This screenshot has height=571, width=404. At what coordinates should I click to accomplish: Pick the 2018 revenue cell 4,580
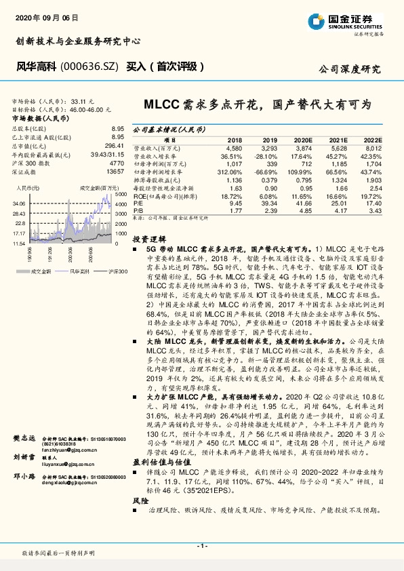(x=234, y=147)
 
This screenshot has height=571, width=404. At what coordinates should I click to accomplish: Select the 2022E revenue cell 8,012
(x=374, y=147)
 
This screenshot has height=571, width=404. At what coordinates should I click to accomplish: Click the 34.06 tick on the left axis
(x=18, y=203)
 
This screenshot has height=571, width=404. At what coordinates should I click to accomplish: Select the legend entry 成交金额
(x=41, y=271)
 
